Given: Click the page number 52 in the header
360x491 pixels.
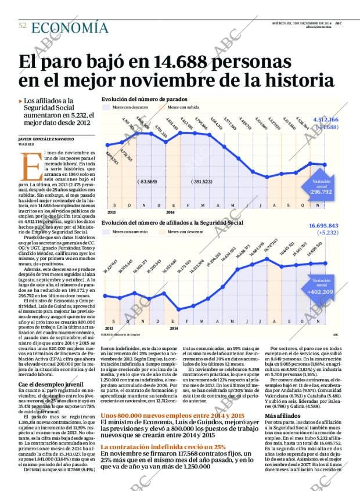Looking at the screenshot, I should point(22,26).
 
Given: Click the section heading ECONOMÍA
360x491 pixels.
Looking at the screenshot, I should point(70,27).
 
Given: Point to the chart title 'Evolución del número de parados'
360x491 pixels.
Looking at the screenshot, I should point(144,99).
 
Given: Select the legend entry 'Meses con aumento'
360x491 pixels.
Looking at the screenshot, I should point(130,232).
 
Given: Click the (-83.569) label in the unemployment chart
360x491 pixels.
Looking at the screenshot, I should point(147,182).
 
